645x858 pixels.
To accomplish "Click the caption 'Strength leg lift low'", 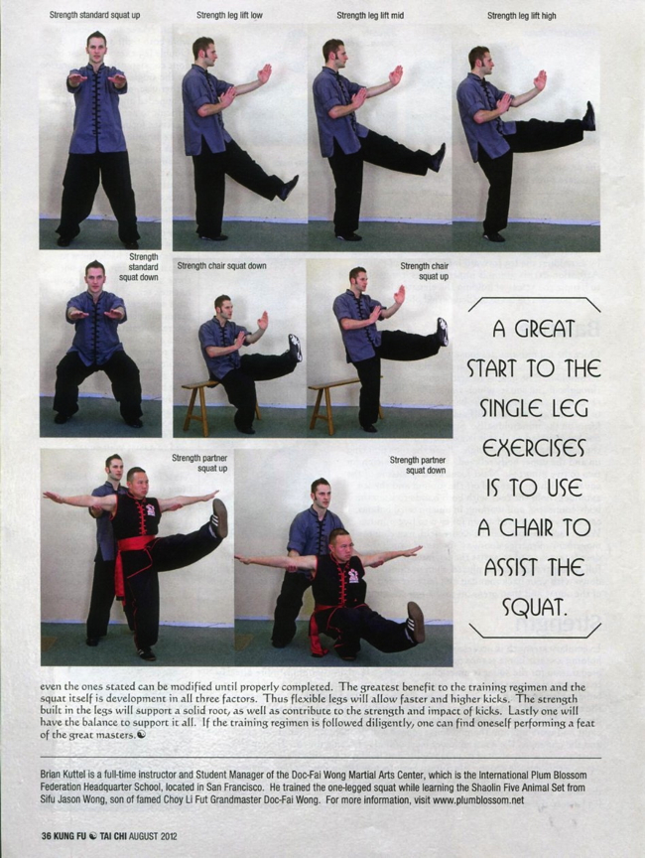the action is tap(229, 15).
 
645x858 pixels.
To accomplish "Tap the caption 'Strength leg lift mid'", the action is tap(370, 15).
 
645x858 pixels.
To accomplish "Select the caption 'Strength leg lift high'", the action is tap(522, 16).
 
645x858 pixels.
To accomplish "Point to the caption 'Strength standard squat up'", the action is tap(94, 15).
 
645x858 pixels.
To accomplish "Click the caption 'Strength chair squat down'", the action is tap(222, 266).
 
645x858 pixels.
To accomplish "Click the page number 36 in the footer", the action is tap(47, 836).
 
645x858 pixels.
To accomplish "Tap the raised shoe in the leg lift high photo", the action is tap(588, 116).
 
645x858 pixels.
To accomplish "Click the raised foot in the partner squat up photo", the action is tap(219, 517).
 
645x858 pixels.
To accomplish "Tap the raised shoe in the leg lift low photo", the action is tap(288, 189).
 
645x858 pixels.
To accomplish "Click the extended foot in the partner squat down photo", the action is tap(417, 623).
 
